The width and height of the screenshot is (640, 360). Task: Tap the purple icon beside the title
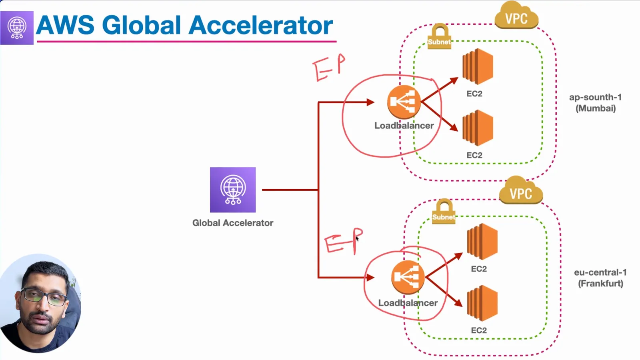click(x=17, y=28)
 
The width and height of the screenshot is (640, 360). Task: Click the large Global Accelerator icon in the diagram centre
click(x=233, y=190)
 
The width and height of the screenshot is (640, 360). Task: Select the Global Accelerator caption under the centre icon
click(x=233, y=223)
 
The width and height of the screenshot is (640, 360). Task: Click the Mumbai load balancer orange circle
click(x=404, y=102)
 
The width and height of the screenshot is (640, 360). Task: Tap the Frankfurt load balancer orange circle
click(x=408, y=277)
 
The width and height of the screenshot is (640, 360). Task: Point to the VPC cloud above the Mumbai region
click(x=516, y=16)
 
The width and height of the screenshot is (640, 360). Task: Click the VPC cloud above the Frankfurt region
click(x=521, y=190)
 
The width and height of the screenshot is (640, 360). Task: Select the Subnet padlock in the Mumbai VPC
click(x=440, y=36)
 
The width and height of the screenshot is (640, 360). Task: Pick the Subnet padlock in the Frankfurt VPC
click(x=444, y=212)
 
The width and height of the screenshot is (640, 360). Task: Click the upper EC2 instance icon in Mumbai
click(x=478, y=66)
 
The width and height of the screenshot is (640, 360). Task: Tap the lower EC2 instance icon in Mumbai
click(x=478, y=128)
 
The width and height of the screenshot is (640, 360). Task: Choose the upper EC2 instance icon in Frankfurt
click(x=482, y=242)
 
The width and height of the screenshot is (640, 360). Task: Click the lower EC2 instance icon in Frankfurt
click(x=482, y=303)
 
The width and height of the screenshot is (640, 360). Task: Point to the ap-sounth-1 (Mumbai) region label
click(x=596, y=102)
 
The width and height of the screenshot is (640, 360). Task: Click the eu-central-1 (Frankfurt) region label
click(x=600, y=278)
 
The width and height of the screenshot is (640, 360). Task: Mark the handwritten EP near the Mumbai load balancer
click(x=329, y=68)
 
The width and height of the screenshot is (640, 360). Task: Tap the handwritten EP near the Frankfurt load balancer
click(x=344, y=241)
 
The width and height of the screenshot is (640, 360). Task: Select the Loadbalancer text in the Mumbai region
click(x=404, y=126)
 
